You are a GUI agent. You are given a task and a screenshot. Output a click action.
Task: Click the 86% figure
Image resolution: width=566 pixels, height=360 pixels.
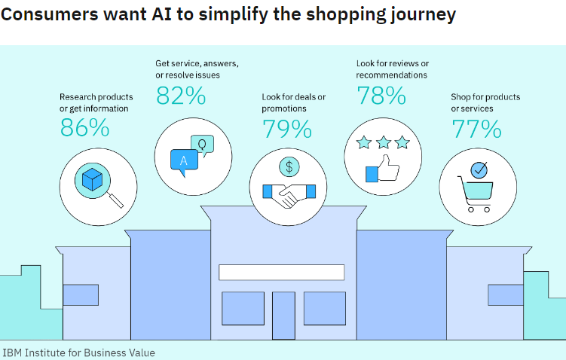(85, 127)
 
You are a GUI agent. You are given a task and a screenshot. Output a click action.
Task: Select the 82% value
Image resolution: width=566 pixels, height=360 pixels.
(181, 96)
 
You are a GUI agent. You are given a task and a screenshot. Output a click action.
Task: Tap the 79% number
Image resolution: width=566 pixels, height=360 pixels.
(287, 129)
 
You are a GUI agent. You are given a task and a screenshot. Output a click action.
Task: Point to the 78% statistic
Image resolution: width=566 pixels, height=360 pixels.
(381, 96)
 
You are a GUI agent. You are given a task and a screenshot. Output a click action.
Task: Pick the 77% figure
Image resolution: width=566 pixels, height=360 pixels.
(476, 129)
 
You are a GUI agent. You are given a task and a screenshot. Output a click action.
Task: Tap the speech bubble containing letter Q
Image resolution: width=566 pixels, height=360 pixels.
(202, 145)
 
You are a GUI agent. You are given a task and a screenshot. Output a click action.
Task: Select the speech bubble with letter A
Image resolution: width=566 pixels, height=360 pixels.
(184, 162)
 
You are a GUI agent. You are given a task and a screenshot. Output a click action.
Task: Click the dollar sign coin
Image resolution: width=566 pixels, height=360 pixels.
(289, 167)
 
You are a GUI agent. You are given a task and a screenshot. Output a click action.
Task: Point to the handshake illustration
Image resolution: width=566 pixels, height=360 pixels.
(289, 195)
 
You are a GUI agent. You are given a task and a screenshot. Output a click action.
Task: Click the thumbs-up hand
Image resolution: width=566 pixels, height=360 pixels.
(383, 169)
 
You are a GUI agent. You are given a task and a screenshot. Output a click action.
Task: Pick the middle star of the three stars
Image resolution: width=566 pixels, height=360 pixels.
(384, 142)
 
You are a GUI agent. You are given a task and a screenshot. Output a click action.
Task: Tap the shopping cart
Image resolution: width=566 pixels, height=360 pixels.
(476, 193)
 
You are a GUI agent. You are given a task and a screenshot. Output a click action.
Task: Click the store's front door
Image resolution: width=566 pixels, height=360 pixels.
(283, 316)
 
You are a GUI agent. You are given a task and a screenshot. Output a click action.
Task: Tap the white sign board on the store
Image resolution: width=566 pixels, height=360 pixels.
(282, 273)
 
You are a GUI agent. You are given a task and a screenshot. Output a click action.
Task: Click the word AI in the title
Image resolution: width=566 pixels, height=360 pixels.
(161, 14)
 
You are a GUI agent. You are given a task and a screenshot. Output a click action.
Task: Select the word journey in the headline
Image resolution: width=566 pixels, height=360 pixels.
(423, 16)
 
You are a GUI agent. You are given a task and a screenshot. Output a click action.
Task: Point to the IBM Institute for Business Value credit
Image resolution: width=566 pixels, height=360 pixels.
(78, 352)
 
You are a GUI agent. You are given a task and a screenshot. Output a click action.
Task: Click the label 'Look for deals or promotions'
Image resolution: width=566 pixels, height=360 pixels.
(293, 103)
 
